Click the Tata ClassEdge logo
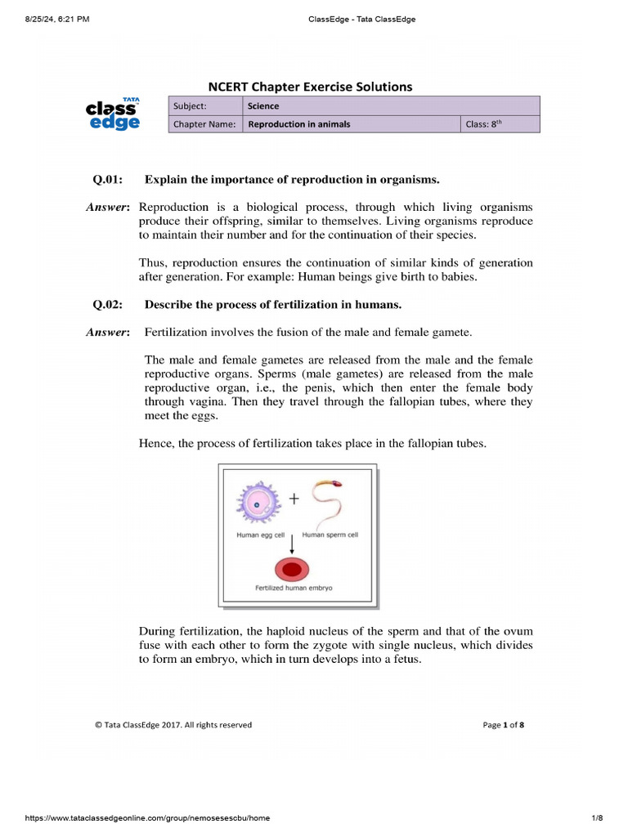click(x=114, y=114)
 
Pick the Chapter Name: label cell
click(x=204, y=124)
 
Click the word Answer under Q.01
click(x=107, y=208)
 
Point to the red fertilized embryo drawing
click(x=293, y=569)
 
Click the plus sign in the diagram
click(x=294, y=498)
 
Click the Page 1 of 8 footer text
click(x=503, y=724)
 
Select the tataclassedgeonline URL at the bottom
click(x=147, y=817)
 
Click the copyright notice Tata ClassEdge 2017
click(x=173, y=724)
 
